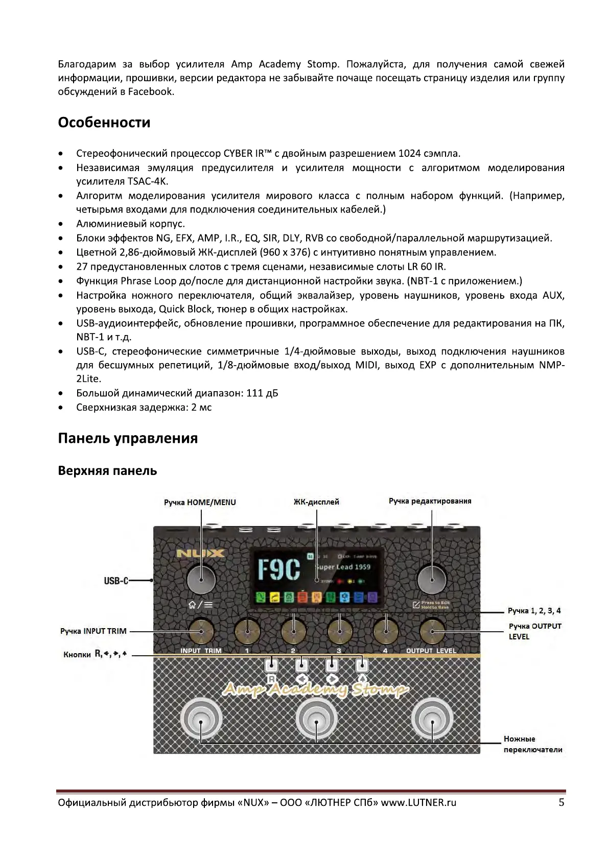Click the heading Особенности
pos(104,123)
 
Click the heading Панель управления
pos(128,438)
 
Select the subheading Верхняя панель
pos(107,470)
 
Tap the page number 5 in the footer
pos(561,802)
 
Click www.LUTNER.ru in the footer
pos(418,802)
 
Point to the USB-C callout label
pos(116,581)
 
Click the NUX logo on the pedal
pos(201,553)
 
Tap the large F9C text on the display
pos(279,570)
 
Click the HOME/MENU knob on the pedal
pos(201,579)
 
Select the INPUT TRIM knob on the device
pos(201,632)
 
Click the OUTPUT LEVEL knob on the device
pos(432,632)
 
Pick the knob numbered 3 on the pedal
pos(340,632)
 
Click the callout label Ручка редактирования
pos(430,501)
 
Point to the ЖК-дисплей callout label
pos(316,502)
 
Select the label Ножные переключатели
pos(532,744)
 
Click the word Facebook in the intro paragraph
pos(151,92)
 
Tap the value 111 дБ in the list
pos(262,393)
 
